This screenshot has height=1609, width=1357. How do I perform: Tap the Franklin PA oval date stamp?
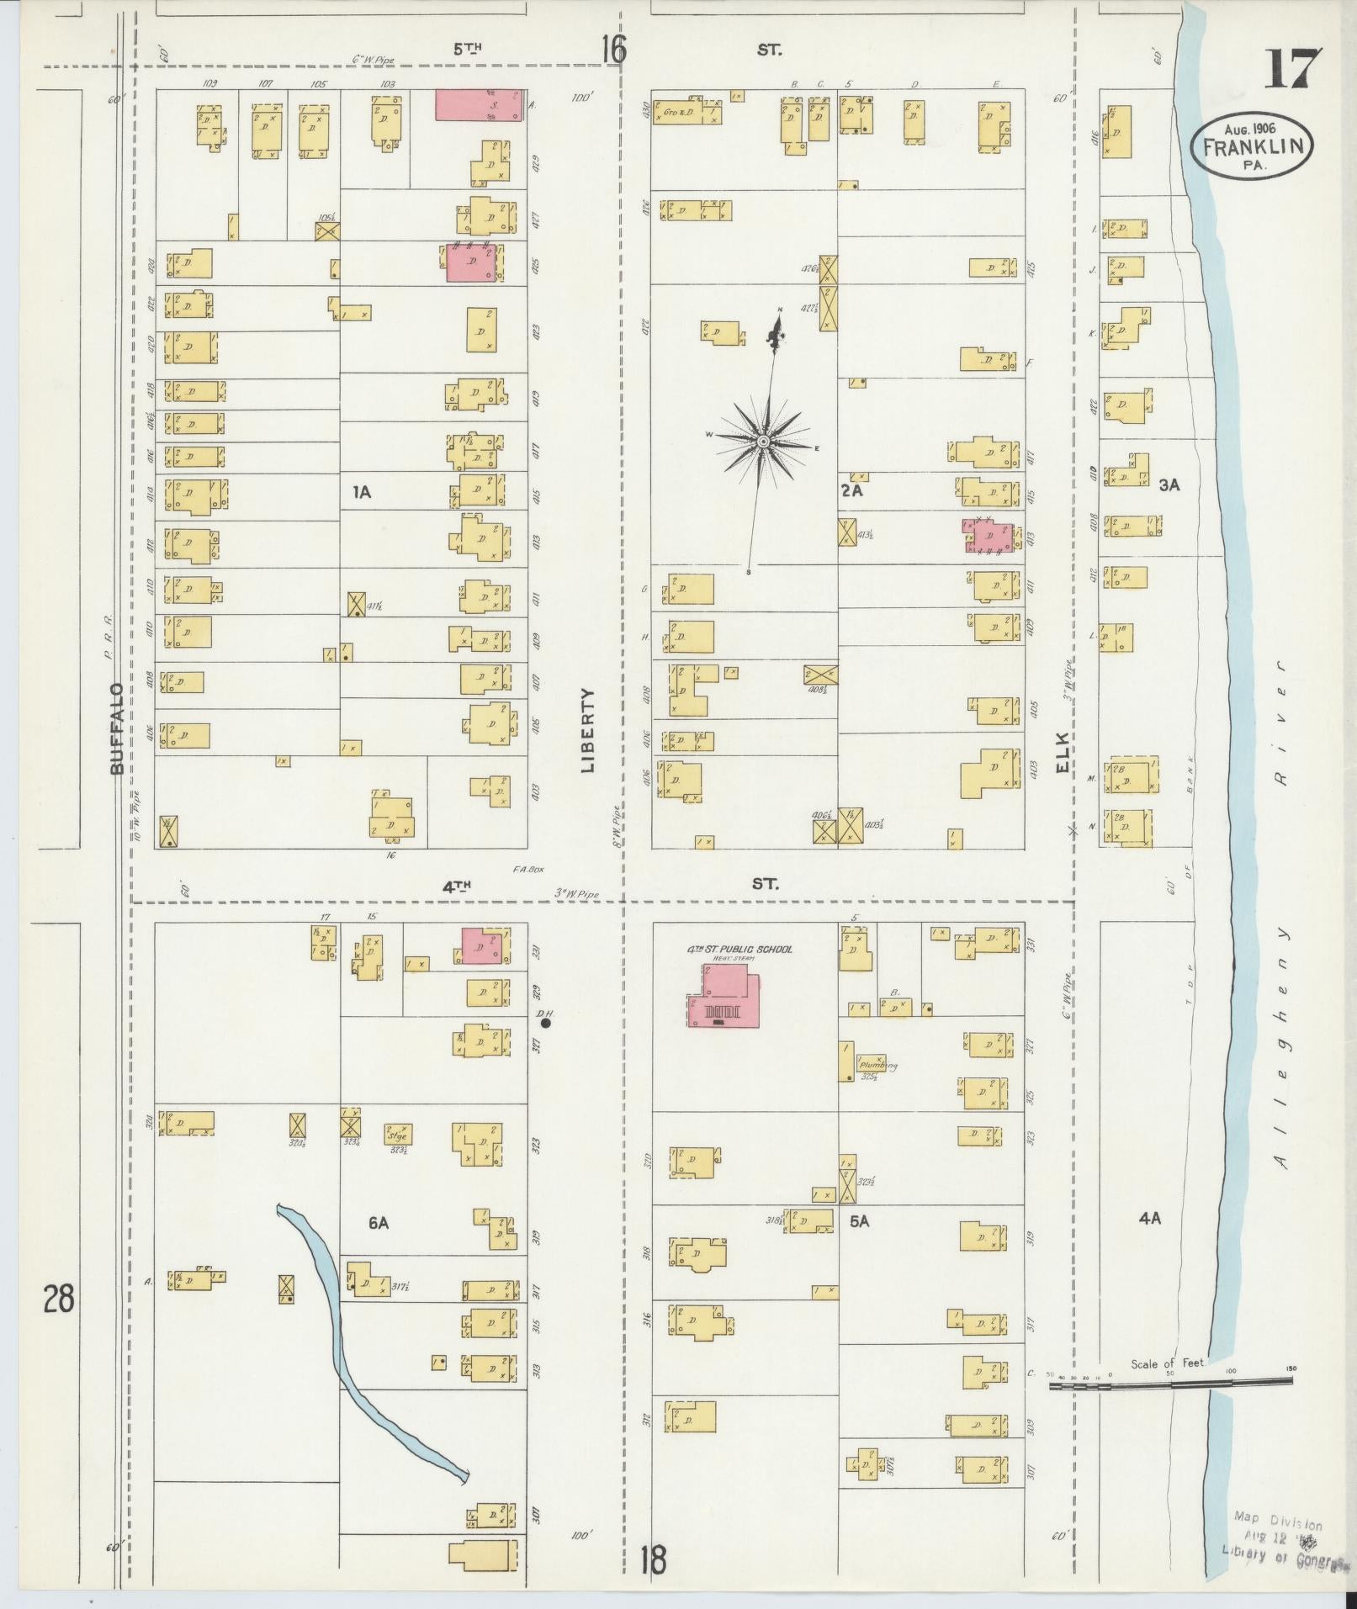[x=1252, y=146]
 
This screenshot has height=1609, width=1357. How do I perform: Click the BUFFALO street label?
[x=116, y=728]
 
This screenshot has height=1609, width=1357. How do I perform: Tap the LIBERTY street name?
[x=586, y=730]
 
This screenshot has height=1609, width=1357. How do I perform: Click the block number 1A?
[x=362, y=493]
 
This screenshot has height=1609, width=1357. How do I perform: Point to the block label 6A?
[x=377, y=1223]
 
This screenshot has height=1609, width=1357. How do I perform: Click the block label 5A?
[x=857, y=1220]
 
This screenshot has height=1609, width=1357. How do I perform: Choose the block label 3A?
[x=1169, y=485]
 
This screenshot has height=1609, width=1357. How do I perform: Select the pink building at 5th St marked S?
[x=478, y=106]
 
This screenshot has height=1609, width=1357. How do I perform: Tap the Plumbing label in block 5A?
[x=877, y=1065]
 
